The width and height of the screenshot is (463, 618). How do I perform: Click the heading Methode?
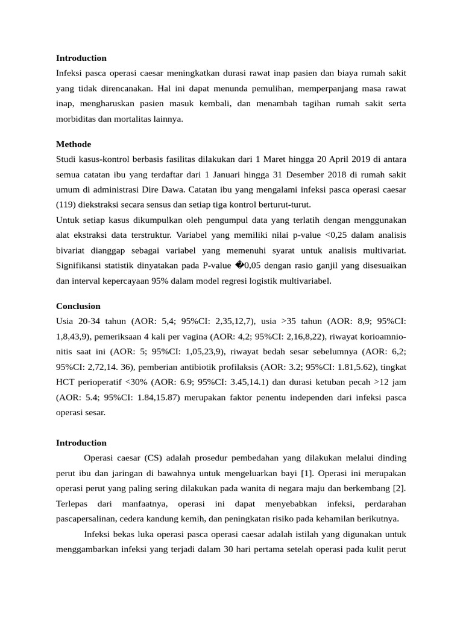pos(74,144)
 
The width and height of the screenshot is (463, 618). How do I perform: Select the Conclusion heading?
pos(78,306)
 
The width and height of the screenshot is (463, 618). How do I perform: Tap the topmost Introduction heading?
pos(81,58)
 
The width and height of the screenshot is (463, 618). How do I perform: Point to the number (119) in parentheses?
pos(66,205)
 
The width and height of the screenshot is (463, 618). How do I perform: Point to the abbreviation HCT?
pos(65,383)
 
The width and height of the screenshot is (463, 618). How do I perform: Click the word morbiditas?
pos(77,119)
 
